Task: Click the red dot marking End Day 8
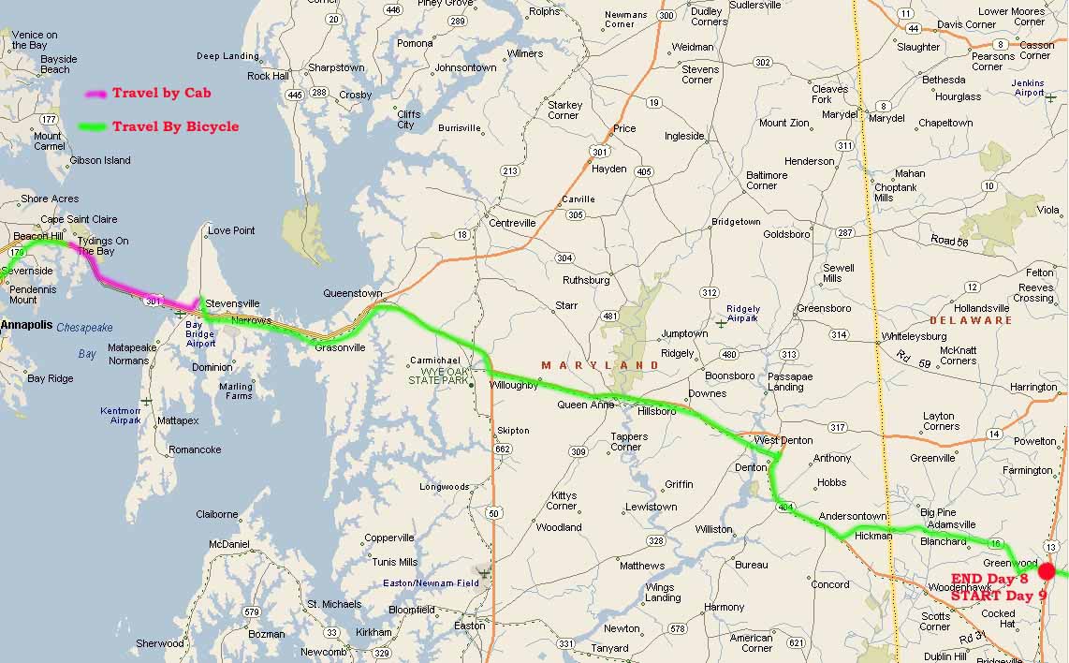point(1047,570)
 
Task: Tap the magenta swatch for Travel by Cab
point(95,94)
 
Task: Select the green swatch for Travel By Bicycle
point(94,126)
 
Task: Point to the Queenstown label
point(353,292)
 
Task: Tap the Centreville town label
point(512,223)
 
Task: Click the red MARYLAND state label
point(588,364)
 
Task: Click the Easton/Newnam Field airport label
point(431,583)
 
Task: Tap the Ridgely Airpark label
point(743,314)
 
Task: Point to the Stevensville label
point(232,303)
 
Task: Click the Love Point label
point(231,230)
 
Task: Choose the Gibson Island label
point(100,160)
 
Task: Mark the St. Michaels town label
point(334,604)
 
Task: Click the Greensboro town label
point(824,308)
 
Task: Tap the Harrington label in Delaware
point(1033,387)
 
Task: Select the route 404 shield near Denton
point(784,506)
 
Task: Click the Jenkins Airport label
point(1029,88)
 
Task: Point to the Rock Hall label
point(268,76)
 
